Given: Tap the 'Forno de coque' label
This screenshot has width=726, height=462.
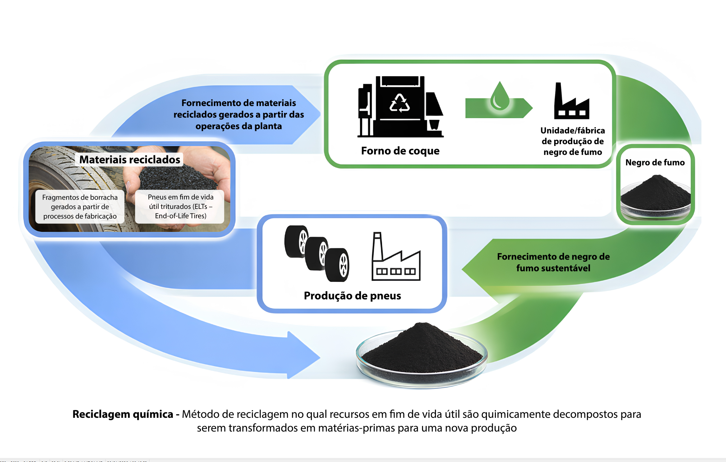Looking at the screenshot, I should click(400, 151).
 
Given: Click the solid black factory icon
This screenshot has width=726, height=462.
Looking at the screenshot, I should click(571, 102).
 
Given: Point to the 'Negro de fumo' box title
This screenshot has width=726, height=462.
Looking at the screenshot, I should click(655, 163).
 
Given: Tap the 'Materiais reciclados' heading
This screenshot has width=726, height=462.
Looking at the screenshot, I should click(129, 160).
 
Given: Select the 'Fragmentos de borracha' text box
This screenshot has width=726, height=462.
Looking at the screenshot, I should click(80, 207).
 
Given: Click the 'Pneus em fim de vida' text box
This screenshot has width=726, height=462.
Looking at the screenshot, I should click(180, 206).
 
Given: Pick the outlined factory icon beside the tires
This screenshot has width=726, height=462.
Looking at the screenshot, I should click(395, 259).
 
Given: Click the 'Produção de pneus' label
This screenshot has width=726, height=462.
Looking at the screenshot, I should click(352, 296).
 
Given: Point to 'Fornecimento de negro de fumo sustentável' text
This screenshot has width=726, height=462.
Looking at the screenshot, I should click(553, 262).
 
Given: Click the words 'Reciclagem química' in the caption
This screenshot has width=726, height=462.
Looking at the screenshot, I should click(123, 414).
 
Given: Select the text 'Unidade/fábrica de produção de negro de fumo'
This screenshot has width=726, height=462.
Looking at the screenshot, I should click(573, 141).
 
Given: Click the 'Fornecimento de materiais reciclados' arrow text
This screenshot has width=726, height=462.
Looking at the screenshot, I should click(239, 114).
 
